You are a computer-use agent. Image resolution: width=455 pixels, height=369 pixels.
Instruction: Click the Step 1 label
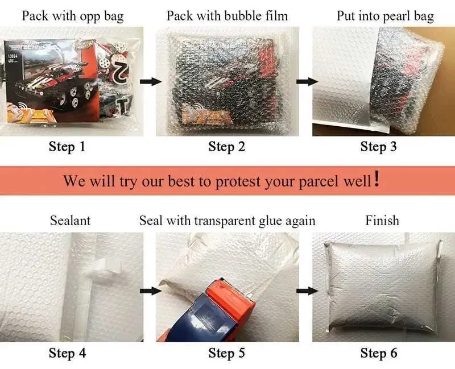[x=67, y=147]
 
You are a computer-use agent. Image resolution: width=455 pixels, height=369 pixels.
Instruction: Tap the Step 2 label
[x=227, y=147]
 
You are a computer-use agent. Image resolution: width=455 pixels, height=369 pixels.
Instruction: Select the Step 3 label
[x=378, y=147]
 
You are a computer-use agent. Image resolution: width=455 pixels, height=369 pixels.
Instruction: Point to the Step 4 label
[x=67, y=353]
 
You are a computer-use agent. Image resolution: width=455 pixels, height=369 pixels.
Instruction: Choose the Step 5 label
[x=227, y=353]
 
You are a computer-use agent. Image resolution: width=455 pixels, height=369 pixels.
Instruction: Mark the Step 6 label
[x=379, y=353]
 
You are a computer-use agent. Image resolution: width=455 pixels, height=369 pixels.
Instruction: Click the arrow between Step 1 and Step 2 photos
[x=151, y=81]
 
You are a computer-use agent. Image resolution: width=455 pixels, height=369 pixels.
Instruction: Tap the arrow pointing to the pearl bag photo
[x=307, y=81]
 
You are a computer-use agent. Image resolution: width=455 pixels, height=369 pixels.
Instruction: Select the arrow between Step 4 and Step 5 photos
[x=151, y=291]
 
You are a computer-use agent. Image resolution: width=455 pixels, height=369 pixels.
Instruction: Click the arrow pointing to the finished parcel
[x=307, y=291]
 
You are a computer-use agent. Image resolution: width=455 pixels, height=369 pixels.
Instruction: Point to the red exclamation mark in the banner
[x=377, y=179]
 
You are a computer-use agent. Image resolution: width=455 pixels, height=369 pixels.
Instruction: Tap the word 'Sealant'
[x=70, y=221]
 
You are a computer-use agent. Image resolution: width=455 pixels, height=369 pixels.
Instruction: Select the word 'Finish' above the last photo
[x=382, y=221]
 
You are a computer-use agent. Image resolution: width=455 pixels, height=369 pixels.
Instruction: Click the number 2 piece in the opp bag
[x=121, y=71]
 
